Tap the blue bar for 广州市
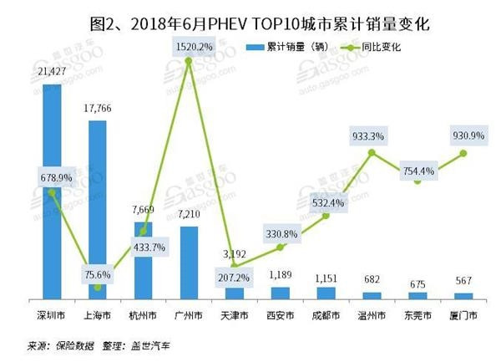pos(190,263)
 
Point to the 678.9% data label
pos(52,178)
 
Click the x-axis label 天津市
pos(235,316)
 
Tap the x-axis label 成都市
pos(326,316)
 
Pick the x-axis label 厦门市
pos(463,316)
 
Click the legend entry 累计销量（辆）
pos(296,48)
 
